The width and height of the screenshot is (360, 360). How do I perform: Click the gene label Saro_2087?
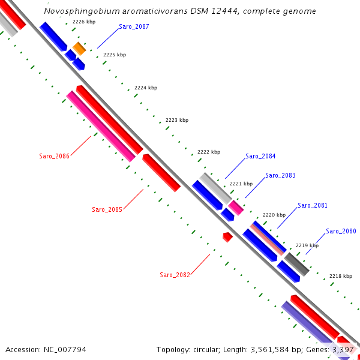(134, 27)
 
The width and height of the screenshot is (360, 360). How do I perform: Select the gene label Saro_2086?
(55, 156)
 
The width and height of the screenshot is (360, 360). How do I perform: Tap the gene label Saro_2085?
(107, 209)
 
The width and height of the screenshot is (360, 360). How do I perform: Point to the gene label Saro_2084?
(260, 157)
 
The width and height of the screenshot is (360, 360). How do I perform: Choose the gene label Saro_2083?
(280, 176)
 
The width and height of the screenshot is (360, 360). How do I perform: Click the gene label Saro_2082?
(175, 275)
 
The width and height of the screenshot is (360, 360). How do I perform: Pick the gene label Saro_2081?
(313, 205)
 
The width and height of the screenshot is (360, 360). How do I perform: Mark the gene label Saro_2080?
(341, 232)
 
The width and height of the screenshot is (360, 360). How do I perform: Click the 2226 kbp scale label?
(83, 22)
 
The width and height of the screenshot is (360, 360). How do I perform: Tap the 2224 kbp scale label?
(146, 88)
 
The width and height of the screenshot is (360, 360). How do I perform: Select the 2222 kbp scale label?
(209, 152)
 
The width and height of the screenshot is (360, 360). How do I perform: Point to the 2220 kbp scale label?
(274, 215)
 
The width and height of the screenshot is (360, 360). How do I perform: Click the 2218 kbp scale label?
(340, 276)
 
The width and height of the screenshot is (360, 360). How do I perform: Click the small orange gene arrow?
(79, 49)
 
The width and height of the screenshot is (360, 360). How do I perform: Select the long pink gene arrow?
(101, 127)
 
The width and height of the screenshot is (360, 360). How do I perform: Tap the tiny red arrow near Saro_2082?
(227, 237)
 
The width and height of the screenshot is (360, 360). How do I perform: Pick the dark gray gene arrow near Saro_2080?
(296, 264)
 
